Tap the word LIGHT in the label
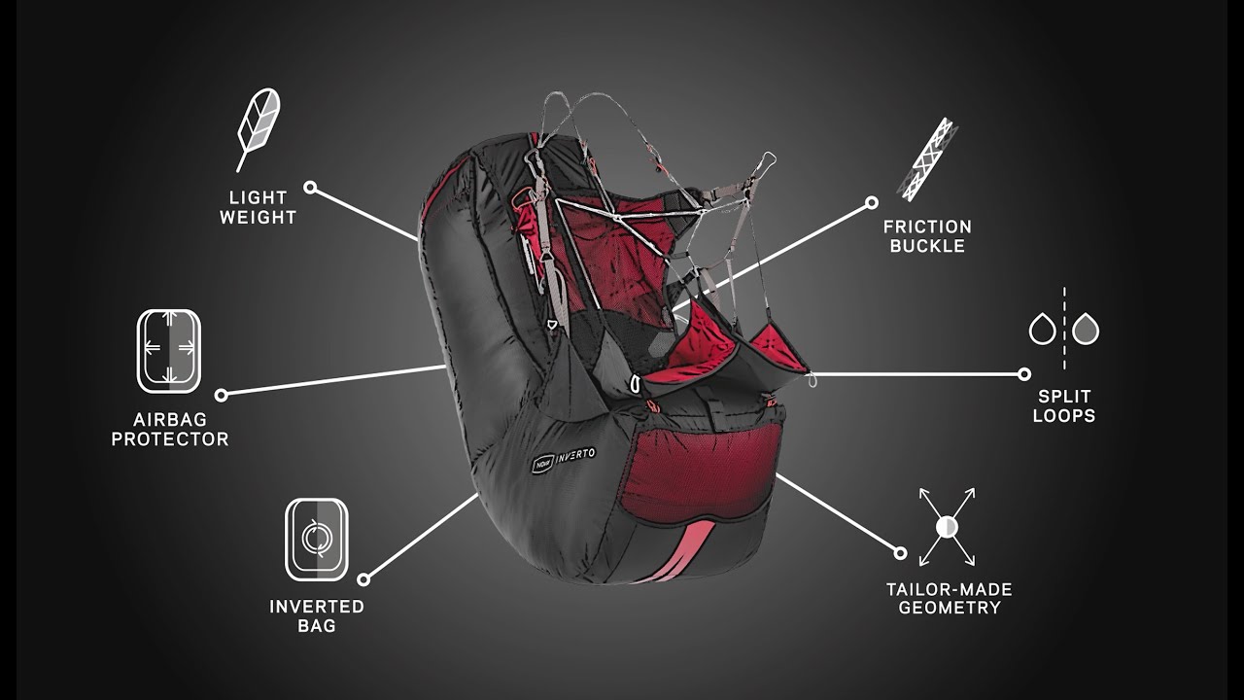click(x=259, y=197)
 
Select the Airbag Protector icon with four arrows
click(x=169, y=351)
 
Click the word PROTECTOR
click(x=170, y=438)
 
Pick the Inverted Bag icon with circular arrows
click(x=317, y=539)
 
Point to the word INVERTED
click(x=317, y=606)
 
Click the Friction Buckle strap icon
click(x=927, y=159)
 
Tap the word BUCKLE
click(x=927, y=246)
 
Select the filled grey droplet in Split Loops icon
click(x=1086, y=329)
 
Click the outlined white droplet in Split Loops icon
click(x=1043, y=329)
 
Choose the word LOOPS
click(x=1064, y=415)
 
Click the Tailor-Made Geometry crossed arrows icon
click(x=947, y=527)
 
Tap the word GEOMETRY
click(x=950, y=608)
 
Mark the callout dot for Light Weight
click(x=310, y=188)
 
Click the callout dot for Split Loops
click(x=1024, y=374)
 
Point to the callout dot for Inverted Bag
click(x=363, y=580)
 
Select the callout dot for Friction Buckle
click(x=872, y=202)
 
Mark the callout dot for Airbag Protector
click(x=221, y=395)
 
